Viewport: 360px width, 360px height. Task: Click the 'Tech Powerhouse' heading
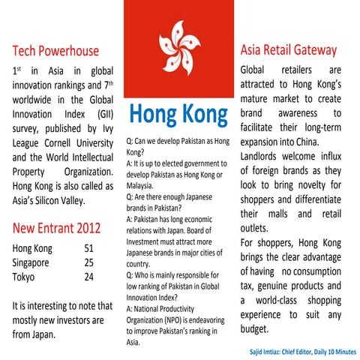(x=57, y=52)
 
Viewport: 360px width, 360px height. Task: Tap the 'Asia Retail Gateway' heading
(x=289, y=50)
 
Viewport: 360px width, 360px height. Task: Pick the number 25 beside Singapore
(x=88, y=263)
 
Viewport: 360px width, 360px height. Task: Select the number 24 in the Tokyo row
(x=88, y=277)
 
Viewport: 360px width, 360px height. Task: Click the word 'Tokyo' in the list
(x=27, y=277)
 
